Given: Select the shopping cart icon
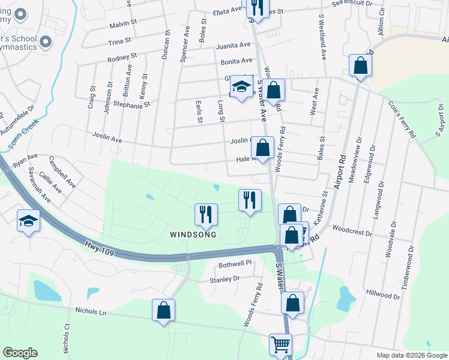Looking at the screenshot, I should click(x=280, y=345).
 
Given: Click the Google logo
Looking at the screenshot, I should click(x=20, y=353).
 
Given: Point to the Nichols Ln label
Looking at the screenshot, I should click(x=91, y=311).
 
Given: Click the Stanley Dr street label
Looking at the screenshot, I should click(x=224, y=279).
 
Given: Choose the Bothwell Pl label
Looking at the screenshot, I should click(x=234, y=263).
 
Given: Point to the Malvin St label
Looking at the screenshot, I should click(x=124, y=25).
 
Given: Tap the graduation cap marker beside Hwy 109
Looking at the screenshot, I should click(x=28, y=221).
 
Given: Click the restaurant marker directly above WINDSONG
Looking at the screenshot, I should click(x=206, y=214).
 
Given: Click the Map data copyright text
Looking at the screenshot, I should click(x=411, y=355).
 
